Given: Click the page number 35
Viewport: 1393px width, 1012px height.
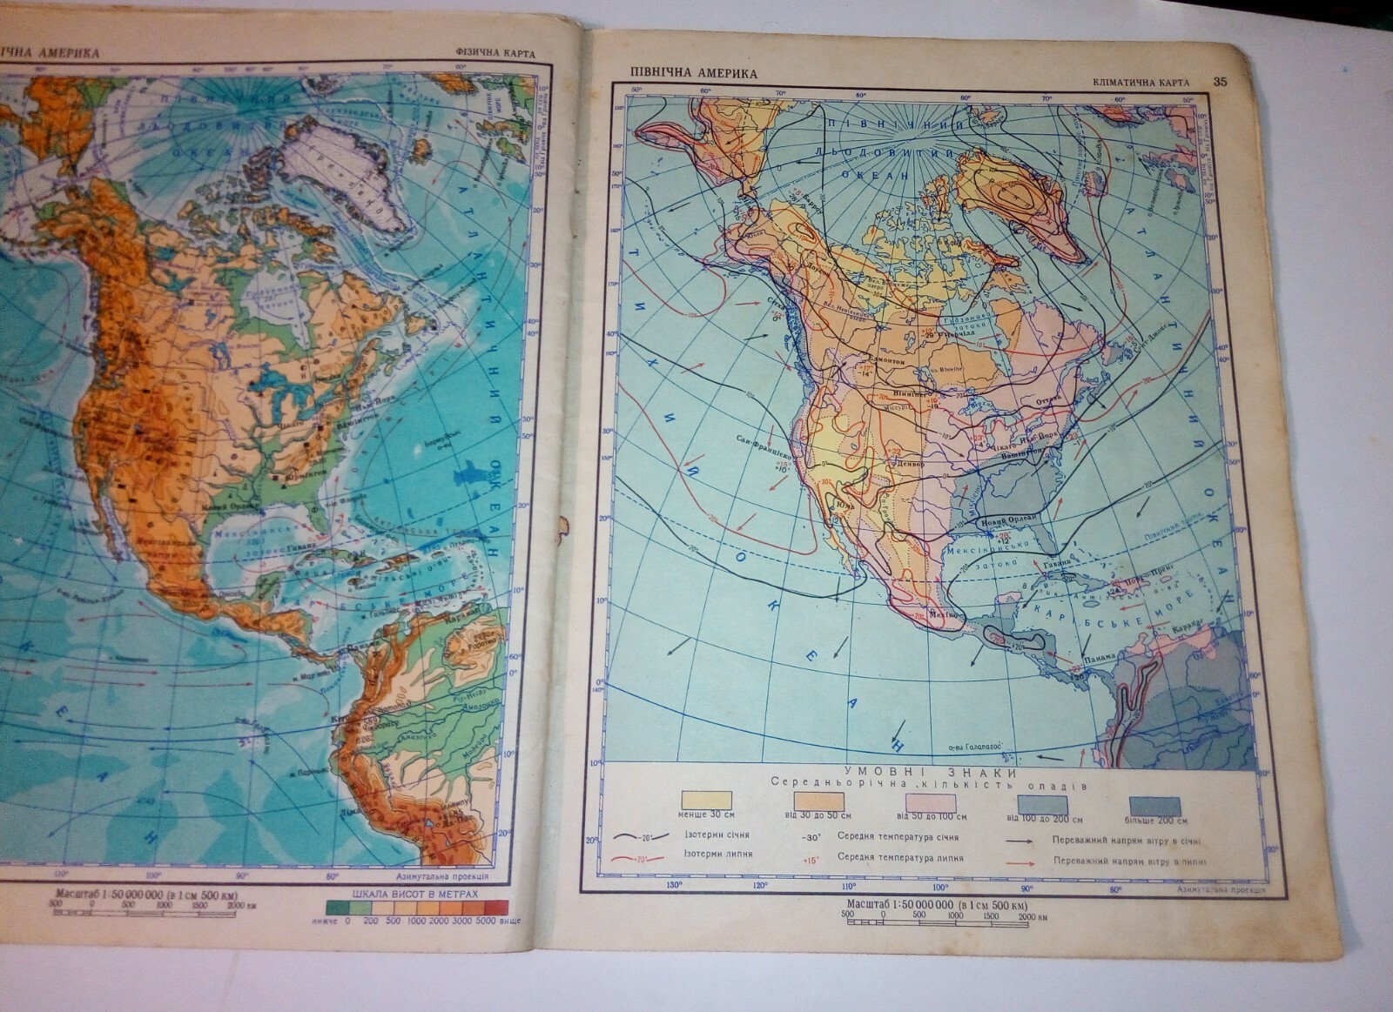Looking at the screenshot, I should [x=1220, y=82].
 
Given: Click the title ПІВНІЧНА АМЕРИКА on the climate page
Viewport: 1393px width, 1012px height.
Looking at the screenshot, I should [x=695, y=74].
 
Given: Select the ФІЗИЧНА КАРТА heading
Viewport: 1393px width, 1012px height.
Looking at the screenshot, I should [x=494, y=53].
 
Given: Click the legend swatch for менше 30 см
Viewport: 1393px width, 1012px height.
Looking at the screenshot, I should [x=705, y=801].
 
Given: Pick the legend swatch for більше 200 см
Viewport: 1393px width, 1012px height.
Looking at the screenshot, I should [x=1154, y=806].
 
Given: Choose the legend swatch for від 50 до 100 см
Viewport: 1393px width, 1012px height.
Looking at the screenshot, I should [x=930, y=802].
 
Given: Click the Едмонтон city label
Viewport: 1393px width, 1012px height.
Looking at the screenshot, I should [x=883, y=360].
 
